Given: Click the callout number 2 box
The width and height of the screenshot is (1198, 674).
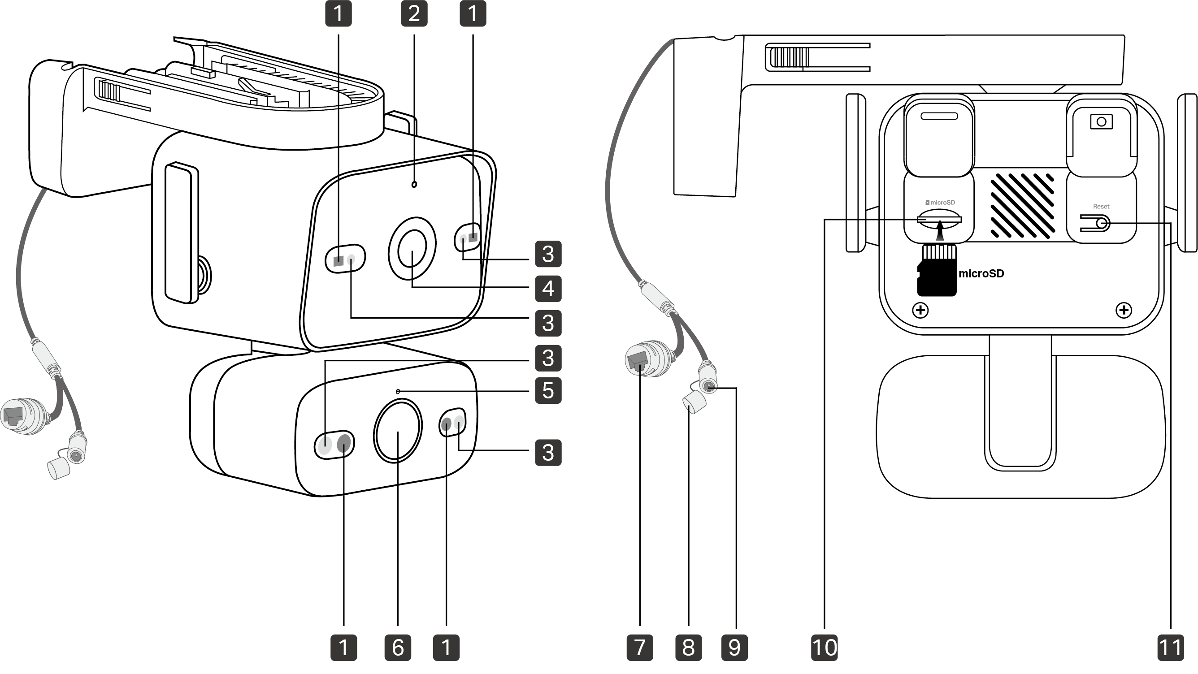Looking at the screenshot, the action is coord(414,13).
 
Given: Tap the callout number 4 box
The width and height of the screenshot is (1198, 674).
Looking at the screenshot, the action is coord(548,289).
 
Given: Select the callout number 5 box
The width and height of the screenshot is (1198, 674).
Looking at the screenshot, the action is coord(548,390).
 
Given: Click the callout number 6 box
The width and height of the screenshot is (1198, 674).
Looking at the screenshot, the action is coord(398,648).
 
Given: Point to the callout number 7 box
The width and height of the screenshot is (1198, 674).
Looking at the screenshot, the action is coord(640,648).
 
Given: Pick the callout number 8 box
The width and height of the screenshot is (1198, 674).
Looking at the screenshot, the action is coord(688,648).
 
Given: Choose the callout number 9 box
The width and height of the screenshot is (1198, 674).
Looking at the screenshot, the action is coord(734,648).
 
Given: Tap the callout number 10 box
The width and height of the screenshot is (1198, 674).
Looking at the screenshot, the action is coord(824,648).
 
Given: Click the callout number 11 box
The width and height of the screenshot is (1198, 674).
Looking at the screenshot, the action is coord(1171,648).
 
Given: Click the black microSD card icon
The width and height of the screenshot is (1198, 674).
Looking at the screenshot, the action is coord(937,270).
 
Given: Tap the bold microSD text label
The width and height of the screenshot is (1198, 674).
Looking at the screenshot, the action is coord(981,273).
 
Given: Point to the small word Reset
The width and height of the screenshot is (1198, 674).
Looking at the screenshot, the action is coord(1101,207).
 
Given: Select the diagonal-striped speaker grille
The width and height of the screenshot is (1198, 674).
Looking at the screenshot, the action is coord(1022,205).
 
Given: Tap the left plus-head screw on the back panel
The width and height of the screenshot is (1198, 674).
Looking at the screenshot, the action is coord(920,310).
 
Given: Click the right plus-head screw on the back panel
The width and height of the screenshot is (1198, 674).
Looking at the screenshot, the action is coord(1124,310).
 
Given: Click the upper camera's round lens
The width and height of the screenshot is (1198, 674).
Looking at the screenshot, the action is coord(412,249).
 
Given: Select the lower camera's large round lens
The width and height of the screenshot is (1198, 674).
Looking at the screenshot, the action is coord(398,432).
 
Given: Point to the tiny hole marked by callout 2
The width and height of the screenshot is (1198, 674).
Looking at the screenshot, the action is coord(414,185).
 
